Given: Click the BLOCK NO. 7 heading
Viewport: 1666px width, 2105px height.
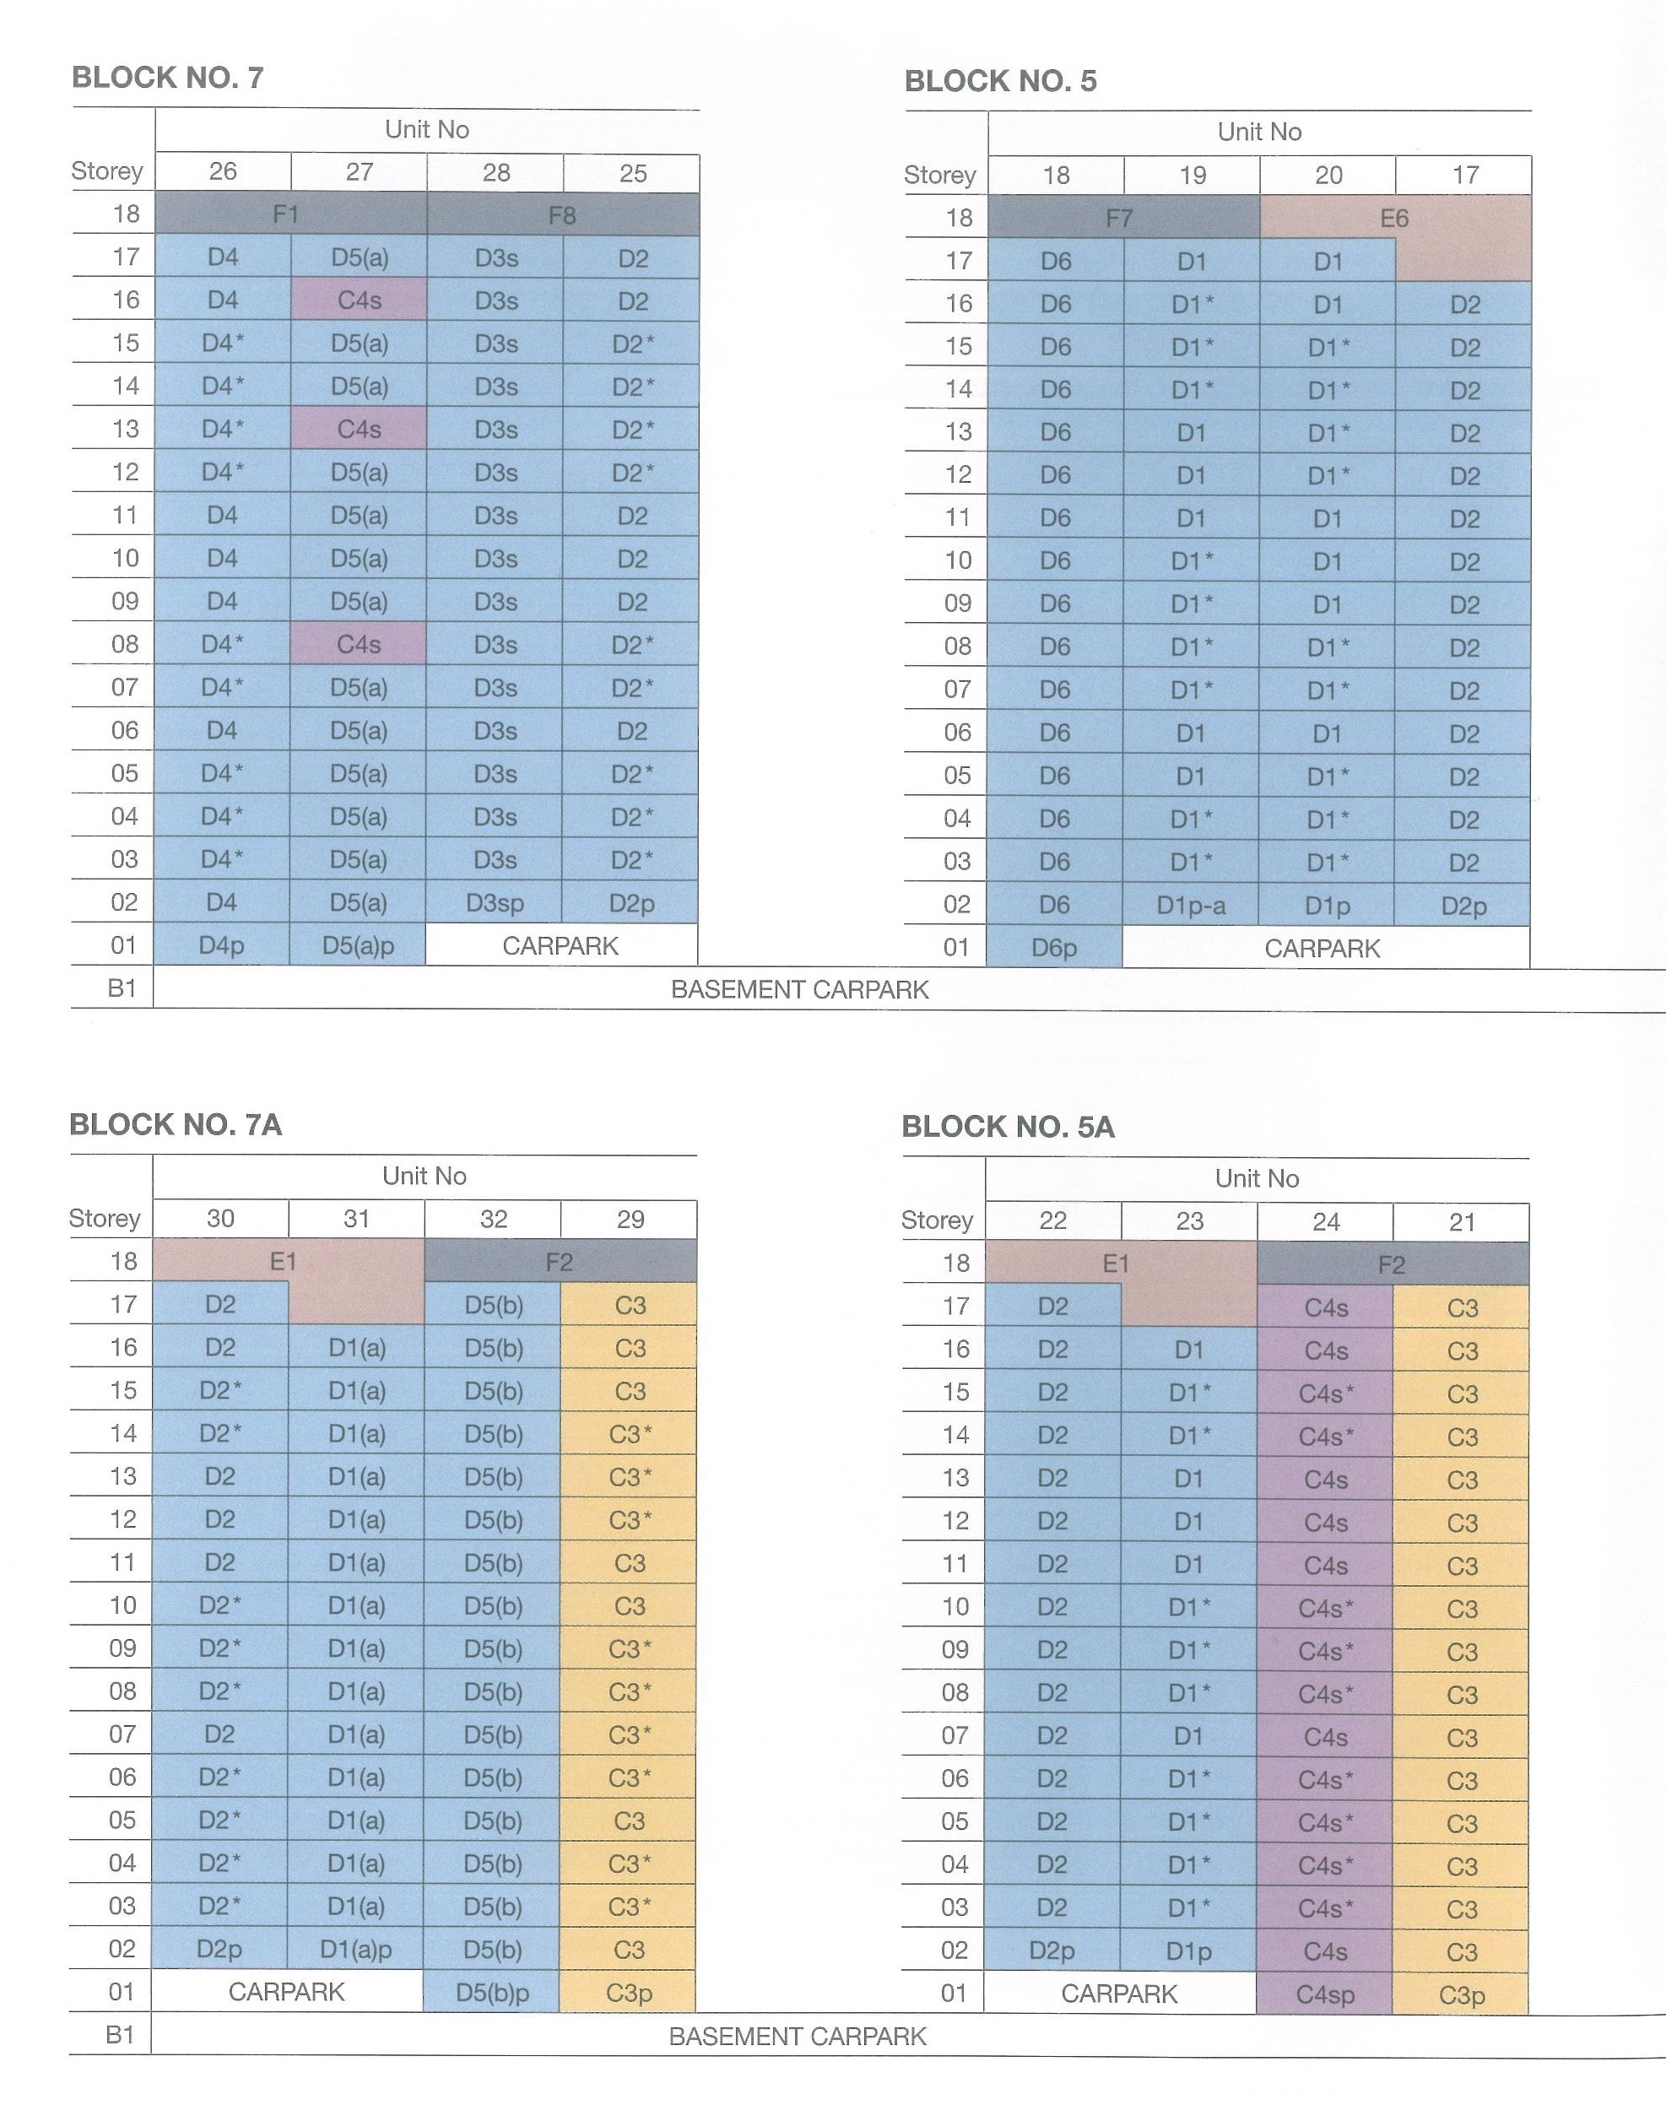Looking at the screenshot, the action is (x=168, y=77).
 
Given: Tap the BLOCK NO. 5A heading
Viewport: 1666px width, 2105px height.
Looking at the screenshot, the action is (x=1008, y=1127).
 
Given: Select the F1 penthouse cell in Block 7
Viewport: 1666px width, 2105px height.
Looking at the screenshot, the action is (x=290, y=214).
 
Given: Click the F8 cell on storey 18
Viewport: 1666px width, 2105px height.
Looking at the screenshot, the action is (x=563, y=214).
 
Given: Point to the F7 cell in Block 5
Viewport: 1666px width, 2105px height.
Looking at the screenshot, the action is (x=1123, y=218).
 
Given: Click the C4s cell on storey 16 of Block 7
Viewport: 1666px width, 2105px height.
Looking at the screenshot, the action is (x=359, y=300).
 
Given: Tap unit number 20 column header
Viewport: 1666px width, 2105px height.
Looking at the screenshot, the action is (x=1328, y=176).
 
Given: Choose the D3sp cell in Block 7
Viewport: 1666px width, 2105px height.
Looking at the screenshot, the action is (x=495, y=903).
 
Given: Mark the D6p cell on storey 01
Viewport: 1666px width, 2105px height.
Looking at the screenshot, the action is (x=1054, y=948).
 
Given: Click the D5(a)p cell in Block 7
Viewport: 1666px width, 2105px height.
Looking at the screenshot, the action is (x=358, y=945).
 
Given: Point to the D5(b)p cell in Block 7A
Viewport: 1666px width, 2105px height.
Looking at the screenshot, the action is (x=493, y=1993).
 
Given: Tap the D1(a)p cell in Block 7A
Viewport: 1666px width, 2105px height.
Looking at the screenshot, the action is (x=356, y=1950).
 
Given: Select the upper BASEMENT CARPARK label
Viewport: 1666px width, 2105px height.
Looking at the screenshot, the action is (x=800, y=990).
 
